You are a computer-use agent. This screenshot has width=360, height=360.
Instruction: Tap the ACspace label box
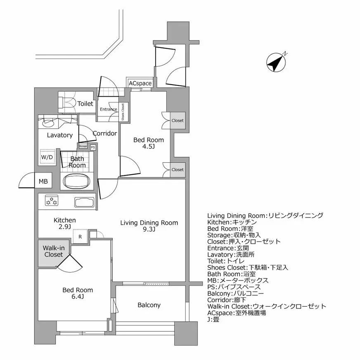(x=140, y=83)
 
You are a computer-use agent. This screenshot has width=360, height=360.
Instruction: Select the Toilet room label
(x=85, y=104)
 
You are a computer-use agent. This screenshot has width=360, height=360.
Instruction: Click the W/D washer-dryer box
(x=46, y=157)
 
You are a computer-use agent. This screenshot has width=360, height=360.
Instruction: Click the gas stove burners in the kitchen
(x=52, y=202)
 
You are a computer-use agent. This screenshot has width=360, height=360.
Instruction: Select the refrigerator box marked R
(x=80, y=237)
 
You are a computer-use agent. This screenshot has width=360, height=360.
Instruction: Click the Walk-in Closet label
(x=54, y=251)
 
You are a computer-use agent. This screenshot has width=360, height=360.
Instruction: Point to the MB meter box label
(x=43, y=181)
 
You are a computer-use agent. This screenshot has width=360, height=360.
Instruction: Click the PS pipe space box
(x=93, y=147)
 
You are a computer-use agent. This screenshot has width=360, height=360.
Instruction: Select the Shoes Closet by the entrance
(x=123, y=111)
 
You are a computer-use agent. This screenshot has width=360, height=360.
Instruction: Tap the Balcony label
(x=149, y=305)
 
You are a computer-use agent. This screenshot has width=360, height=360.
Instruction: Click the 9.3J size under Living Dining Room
(x=149, y=230)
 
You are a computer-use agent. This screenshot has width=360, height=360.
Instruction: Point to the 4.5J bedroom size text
(x=148, y=147)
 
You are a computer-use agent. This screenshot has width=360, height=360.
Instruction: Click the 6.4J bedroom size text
(x=78, y=297)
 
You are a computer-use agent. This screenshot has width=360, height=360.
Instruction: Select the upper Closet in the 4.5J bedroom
(x=178, y=121)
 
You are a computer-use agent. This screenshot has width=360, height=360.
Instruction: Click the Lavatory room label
(x=59, y=135)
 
